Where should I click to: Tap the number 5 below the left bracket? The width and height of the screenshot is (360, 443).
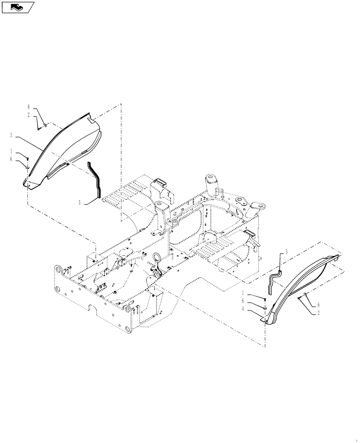tap(80, 202)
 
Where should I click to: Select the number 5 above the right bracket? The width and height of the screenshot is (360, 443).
tap(286, 251)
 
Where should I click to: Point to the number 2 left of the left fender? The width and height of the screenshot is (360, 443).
tap(29, 114)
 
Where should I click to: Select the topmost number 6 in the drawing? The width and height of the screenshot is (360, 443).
tap(29, 107)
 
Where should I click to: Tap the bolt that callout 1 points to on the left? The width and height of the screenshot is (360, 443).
tap(27, 158)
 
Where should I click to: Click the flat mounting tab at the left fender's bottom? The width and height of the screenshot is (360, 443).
tap(27, 183)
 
